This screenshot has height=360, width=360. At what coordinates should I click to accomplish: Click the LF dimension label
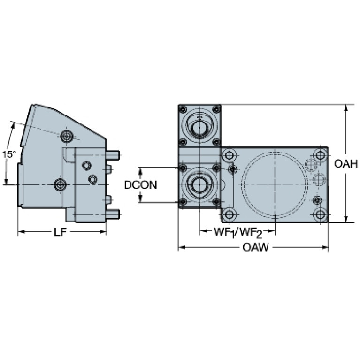click(x=60, y=232)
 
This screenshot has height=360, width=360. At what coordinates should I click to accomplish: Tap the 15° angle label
click(x=9, y=154)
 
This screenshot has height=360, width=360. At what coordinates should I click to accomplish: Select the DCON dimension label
click(x=140, y=185)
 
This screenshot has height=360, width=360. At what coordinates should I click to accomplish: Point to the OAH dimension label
click(x=346, y=164)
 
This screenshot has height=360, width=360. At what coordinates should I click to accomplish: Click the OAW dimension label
click(x=255, y=247)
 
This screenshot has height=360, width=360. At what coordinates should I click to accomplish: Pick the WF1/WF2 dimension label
click(x=238, y=232)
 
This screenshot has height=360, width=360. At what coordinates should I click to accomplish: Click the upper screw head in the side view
click(x=67, y=137)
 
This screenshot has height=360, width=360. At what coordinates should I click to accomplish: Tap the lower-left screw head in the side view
click(x=60, y=184)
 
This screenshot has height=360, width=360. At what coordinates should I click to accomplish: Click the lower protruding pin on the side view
click(x=113, y=214)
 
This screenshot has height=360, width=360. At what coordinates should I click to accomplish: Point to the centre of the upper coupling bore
click(x=199, y=127)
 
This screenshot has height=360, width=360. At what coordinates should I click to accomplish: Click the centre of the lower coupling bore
click(x=199, y=184)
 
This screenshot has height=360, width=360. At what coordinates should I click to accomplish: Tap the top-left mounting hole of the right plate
click(x=229, y=155)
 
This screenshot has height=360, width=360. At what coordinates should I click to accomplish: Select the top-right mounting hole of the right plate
click(x=320, y=155)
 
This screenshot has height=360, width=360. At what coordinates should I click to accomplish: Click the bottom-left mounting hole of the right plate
click(x=229, y=214)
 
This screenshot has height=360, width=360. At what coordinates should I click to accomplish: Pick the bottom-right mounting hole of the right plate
click(x=320, y=214)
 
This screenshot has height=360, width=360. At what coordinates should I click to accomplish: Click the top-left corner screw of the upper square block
click(x=183, y=109)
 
